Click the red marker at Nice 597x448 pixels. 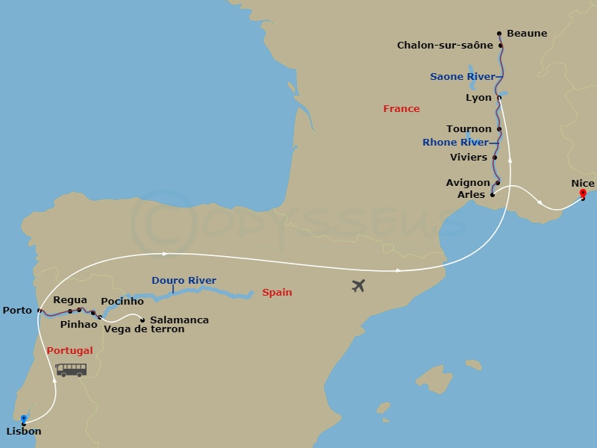(583, 194)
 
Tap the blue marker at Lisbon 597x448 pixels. (24, 419)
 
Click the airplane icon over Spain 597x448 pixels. (358, 285)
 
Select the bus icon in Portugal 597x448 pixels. (71, 370)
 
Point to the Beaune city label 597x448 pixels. (526, 34)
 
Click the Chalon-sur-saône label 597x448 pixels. (445, 46)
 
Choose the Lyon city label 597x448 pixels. (478, 98)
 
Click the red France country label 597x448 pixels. (401, 109)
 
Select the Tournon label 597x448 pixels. (469, 129)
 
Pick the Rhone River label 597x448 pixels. (455, 143)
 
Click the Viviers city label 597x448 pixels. (469, 158)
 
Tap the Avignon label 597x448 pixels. (468, 183)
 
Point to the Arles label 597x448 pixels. (471, 195)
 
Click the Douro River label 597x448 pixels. (184, 281)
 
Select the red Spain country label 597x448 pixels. (277, 293)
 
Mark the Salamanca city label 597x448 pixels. (179, 320)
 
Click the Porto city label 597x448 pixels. (17, 310)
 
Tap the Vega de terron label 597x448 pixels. (144, 329)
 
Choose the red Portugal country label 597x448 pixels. (69, 351)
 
